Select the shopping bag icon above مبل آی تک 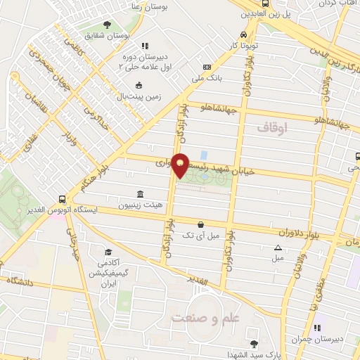pyautogui.click(x=201, y=224)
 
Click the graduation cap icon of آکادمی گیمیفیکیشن pyautogui.click(x=108, y=252)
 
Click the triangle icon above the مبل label pyautogui.click(x=278, y=247)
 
